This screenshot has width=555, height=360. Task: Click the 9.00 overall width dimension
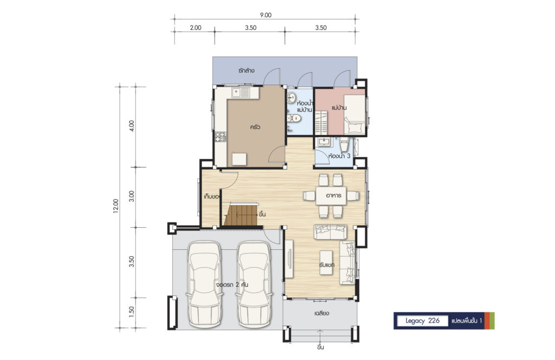[266, 15]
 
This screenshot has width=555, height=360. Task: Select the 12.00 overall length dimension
[116, 206]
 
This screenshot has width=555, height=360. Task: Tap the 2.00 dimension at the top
[195, 28]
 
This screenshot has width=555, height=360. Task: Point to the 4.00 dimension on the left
[132, 126]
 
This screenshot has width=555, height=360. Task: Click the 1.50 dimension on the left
[132, 312]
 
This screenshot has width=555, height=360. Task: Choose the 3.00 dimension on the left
[132, 196]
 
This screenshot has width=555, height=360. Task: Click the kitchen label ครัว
[255, 127]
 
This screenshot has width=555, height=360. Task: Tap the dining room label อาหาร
[333, 195]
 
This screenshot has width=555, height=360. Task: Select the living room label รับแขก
[326, 265]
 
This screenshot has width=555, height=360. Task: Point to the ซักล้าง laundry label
[247, 70]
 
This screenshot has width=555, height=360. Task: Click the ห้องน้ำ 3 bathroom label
[339, 156]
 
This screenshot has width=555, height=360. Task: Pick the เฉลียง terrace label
[321, 313]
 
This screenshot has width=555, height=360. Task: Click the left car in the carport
[204, 285]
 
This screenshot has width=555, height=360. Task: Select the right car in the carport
[254, 285]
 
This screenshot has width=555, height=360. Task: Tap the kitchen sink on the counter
[241, 93]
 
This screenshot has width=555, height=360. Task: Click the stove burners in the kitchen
[220, 137]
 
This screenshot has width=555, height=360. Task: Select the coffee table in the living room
[326, 262]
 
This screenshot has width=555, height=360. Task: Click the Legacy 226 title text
[422, 321]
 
